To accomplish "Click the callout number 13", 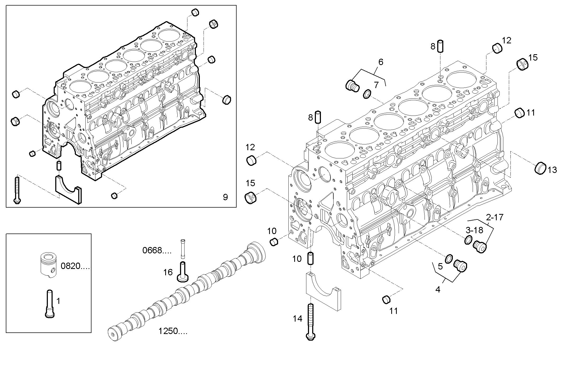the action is click(552, 170).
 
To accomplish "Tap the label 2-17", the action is click(495, 217).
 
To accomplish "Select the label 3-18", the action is click(474, 230).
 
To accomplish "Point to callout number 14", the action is click(297, 319).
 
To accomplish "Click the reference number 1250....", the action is click(173, 331).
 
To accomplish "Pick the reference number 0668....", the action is click(157, 250).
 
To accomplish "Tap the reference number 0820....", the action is click(75, 266).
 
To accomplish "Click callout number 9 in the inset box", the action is click(225, 197).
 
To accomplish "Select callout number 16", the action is click(168, 272).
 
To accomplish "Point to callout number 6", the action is click(381, 62).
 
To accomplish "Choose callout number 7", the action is click(376, 85).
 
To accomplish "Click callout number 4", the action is click(438, 290).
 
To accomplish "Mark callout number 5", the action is click(440, 266).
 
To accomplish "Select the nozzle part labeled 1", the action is click(50, 304).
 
